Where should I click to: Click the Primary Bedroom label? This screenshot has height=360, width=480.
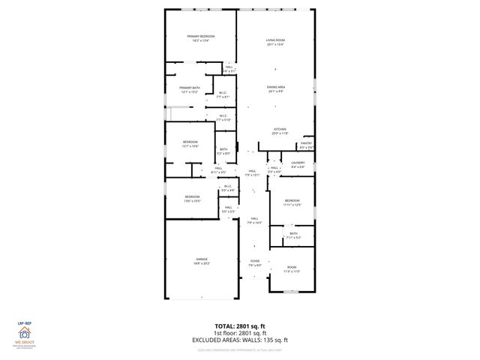[x=201, y=39]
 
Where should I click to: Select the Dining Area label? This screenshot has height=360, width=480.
[x=276, y=89]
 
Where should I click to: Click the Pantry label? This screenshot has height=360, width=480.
[x=306, y=145]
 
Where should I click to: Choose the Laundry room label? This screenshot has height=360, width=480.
[x=297, y=165]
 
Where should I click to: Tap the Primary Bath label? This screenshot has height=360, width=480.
[x=189, y=90]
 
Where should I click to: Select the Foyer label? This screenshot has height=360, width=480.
[x=255, y=263]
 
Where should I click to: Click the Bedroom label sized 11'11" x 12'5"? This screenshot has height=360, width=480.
[x=292, y=202]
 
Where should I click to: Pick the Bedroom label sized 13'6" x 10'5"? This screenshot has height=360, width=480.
[x=192, y=199]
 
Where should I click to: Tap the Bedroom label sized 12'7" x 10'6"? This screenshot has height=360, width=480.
[x=190, y=144]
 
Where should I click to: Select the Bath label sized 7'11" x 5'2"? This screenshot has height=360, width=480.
[x=293, y=235]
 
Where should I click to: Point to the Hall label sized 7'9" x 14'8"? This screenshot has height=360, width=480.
[x=254, y=220]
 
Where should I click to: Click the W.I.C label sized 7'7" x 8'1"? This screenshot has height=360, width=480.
[x=223, y=95]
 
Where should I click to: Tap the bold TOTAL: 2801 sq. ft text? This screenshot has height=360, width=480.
[x=240, y=328]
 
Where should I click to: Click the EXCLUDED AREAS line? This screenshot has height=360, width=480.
[x=240, y=340]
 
